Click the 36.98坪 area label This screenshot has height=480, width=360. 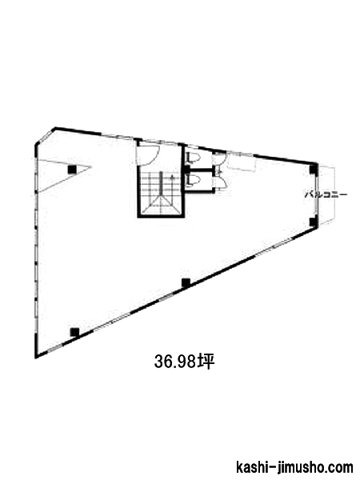coord(184,362)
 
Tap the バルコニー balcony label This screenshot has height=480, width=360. coord(326,194)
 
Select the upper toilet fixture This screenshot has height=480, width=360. coord(193,158)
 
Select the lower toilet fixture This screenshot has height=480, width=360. coord(193,180)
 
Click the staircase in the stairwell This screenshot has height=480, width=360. coord(159,191)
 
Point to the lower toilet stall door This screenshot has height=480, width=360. coord(220,182)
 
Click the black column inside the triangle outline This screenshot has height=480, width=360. coord(72,169)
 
